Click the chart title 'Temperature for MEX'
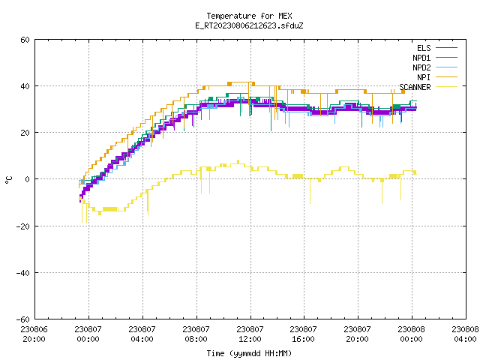[249, 16]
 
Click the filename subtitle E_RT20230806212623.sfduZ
[249, 25]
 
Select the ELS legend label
[424, 48]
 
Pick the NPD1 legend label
[421, 58]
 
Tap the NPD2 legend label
[421, 67]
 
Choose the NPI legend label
[424, 77]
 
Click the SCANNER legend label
[415, 87]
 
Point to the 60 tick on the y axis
[25, 40]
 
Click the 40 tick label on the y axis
[25, 86]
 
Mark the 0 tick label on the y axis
[27, 179]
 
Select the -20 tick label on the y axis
[23, 226]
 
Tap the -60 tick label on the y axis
[23, 319]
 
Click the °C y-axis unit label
[8, 180]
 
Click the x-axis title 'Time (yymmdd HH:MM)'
[249, 353]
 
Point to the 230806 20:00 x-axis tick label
[34, 334]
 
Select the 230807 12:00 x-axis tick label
[250, 334]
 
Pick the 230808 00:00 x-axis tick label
[411, 334]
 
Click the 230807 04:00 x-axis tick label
[142, 334]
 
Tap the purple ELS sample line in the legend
[447, 48]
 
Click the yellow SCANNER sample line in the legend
[447, 87]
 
